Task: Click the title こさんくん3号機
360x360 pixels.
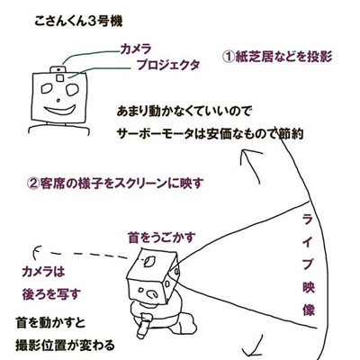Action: pos(78,22)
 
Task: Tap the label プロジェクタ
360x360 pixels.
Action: pos(168,65)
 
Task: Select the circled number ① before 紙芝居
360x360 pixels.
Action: pos(229,56)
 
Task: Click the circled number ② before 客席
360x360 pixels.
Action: pos(33,184)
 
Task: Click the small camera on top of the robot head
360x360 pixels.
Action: pos(58,69)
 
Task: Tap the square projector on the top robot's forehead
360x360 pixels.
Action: pos(60,77)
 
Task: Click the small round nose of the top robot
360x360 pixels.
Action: pos(58,100)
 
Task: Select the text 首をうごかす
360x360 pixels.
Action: pos(162,238)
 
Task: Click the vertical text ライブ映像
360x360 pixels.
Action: pos(308,265)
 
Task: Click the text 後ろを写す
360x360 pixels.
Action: pos(51,294)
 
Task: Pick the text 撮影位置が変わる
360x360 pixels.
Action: pos(65,345)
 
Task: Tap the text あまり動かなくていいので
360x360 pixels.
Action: pos(184,112)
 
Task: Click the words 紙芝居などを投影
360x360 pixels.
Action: pos(283,56)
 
